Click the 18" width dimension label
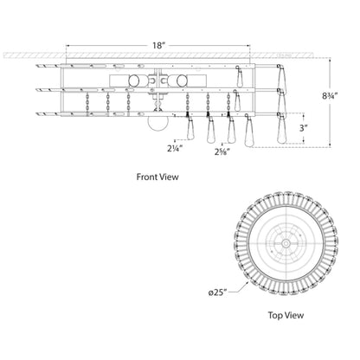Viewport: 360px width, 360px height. coord(158,46)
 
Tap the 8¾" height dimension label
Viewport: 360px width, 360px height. coord(330,96)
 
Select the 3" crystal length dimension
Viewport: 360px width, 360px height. coord(302,128)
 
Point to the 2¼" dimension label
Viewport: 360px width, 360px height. coord(175,149)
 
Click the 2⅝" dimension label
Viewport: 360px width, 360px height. coord(222,151)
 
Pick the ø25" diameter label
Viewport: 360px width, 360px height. coord(218,293)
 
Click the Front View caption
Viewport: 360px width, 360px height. coord(157,177)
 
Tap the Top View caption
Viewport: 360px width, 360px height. coord(286,315)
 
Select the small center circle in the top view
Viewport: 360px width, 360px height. coord(286,244)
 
